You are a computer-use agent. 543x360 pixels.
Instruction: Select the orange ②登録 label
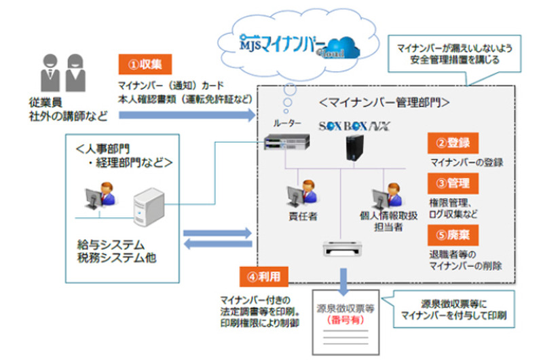click(449, 144)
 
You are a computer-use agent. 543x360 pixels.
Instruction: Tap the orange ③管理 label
click(449, 183)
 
